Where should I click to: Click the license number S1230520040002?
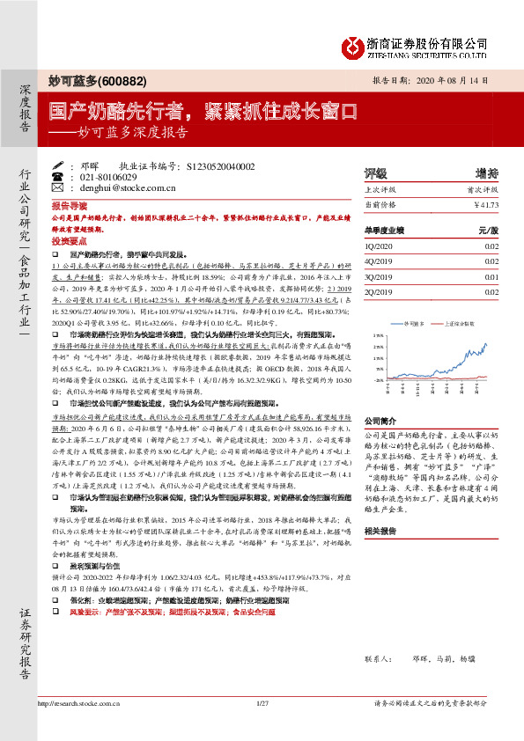pyautogui.click(x=221, y=165)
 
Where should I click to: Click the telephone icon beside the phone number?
pyautogui.click(x=58, y=177)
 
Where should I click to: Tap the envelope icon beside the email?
pyautogui.click(x=58, y=188)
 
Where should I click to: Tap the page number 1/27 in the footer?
pyautogui.click(x=262, y=702)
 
